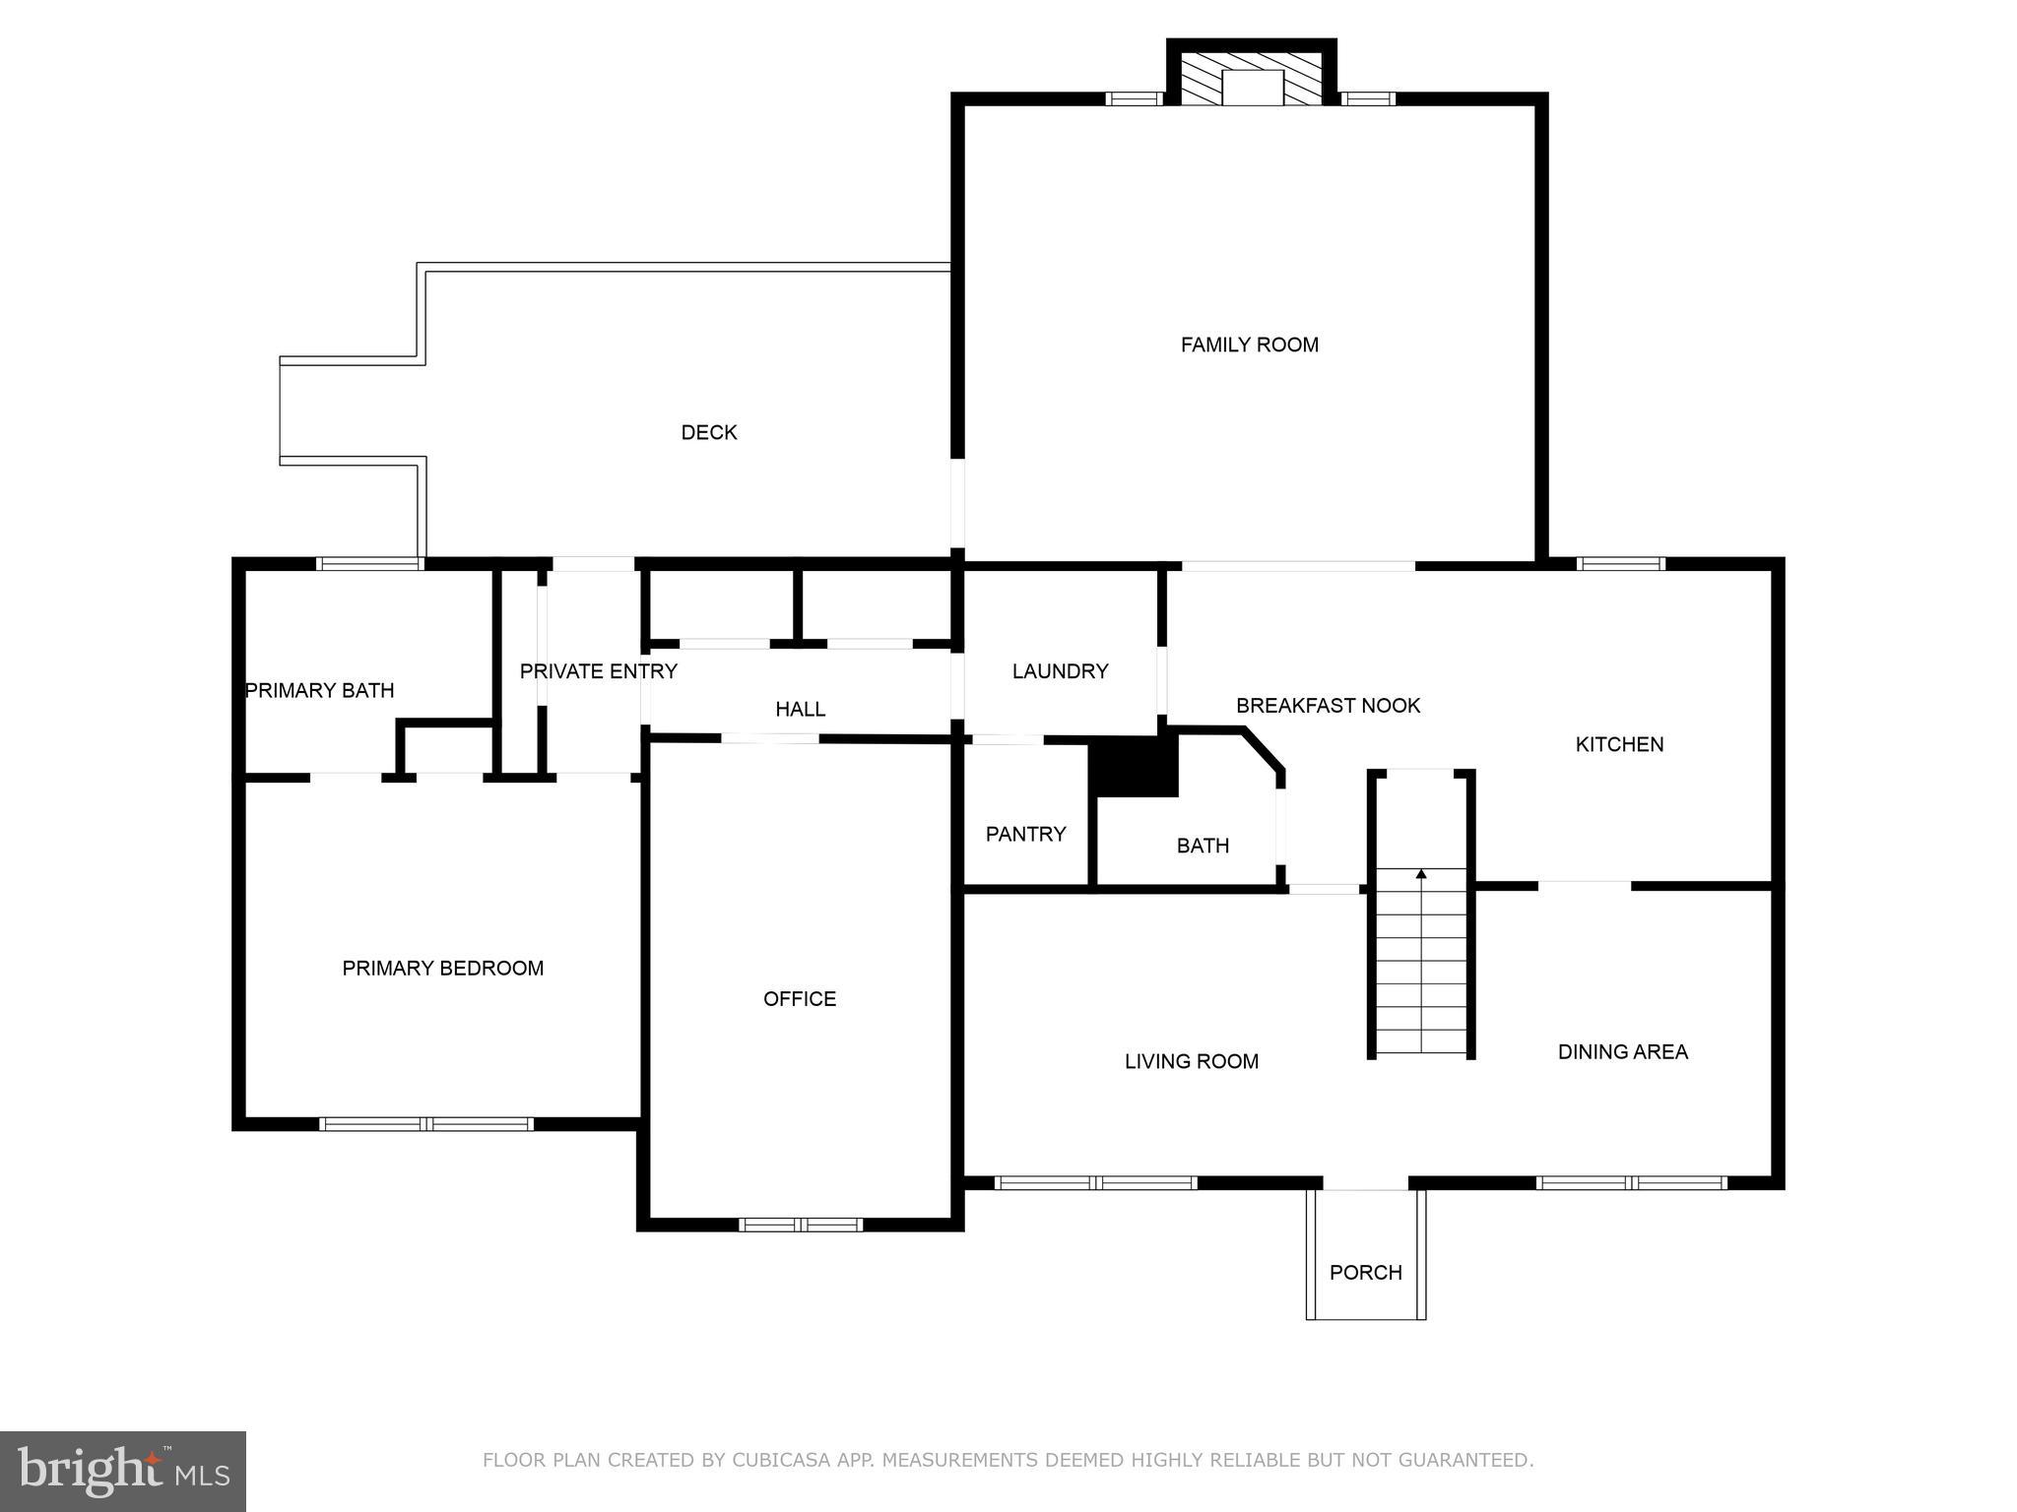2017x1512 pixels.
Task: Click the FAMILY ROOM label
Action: point(1249,345)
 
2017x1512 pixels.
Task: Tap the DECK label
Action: point(708,432)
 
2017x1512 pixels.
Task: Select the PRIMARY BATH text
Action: point(319,690)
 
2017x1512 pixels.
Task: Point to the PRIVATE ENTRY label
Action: point(598,671)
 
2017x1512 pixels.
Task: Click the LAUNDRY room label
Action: point(1060,671)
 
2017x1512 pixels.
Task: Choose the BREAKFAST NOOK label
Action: point(1328,706)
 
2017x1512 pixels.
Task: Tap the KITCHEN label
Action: point(1619,744)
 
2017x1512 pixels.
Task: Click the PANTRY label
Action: point(1025,834)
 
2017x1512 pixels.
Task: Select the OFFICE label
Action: point(799,999)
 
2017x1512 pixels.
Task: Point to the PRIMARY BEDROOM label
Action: point(442,969)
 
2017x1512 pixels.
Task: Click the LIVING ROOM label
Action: point(1191,1061)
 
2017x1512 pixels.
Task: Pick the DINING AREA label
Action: point(1622,1051)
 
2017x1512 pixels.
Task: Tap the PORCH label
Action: point(1365,1272)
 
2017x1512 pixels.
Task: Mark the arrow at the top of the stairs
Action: point(1420,873)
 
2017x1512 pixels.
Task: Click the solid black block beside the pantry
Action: point(1136,766)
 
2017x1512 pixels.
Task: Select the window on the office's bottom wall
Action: point(800,1225)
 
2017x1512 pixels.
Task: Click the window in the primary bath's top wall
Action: point(369,564)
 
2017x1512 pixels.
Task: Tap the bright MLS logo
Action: point(122,1471)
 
